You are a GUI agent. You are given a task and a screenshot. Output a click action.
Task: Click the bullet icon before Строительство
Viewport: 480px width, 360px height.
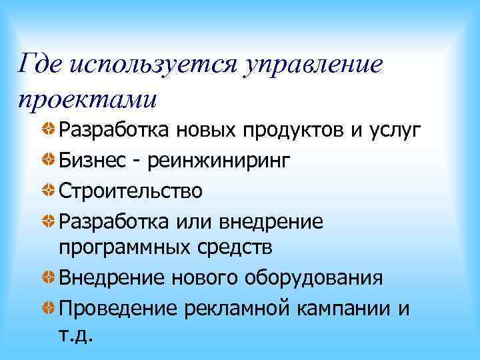[49, 189]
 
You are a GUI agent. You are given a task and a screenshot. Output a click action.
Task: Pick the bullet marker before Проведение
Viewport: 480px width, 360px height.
[49, 307]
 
